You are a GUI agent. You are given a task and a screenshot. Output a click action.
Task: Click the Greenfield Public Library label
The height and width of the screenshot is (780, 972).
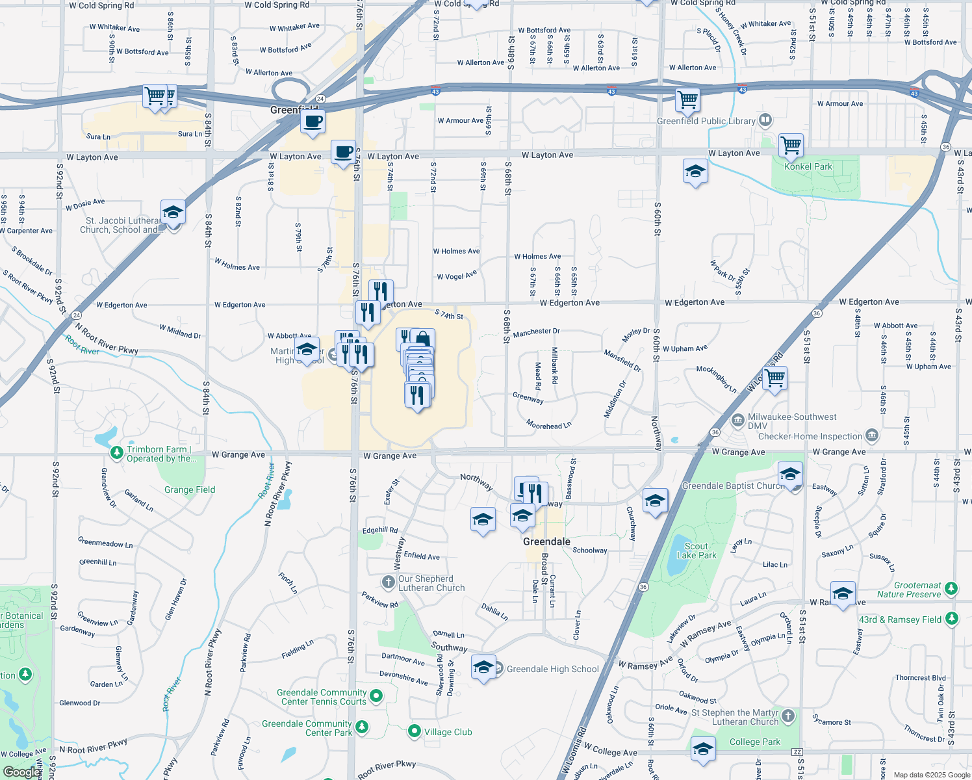coord(706,121)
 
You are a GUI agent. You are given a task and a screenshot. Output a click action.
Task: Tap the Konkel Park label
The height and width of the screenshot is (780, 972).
coord(808,166)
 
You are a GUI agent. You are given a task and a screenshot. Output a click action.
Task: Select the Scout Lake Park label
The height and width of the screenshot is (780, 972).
coord(697,551)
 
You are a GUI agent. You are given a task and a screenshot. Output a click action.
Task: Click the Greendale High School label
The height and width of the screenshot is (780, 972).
coord(552,669)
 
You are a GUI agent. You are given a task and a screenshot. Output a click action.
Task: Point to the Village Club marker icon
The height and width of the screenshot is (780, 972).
coord(414,732)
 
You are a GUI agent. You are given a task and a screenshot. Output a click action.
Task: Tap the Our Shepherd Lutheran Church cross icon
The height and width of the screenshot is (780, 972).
coord(389,582)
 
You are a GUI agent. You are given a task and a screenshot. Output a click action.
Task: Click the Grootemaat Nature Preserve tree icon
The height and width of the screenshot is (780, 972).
coord(951,588)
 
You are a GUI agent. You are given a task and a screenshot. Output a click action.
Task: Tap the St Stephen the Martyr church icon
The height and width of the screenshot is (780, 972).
coord(788,716)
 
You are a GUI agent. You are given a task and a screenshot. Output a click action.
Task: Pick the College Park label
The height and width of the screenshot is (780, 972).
coord(754,742)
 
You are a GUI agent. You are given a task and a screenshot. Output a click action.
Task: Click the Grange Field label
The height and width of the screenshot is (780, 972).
coord(189,489)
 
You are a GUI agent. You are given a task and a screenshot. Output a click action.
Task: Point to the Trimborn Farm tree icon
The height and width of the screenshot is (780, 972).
coord(117,452)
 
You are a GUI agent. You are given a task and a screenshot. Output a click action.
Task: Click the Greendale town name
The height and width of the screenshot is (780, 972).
coord(546,541)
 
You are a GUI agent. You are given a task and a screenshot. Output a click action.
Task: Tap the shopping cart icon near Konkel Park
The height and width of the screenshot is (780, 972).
coord(791,146)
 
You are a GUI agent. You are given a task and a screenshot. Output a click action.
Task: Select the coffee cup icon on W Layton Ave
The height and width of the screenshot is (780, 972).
coord(343,152)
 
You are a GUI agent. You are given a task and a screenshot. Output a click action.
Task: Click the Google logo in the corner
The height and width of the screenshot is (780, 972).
coord(21,772)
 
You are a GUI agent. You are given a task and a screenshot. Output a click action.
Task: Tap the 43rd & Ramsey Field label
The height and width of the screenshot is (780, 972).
coord(900,619)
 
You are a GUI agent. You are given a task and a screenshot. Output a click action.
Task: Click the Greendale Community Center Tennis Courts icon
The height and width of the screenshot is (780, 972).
coord(376,696)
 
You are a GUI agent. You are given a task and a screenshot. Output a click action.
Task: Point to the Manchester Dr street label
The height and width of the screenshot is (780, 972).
coord(536,332)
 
